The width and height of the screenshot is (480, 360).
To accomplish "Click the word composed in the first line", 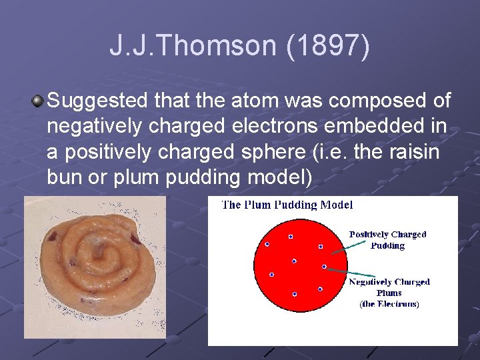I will coord(369,101).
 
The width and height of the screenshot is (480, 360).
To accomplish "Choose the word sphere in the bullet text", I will coord(272,152).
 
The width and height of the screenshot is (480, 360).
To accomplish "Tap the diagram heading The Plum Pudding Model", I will coord(287,205).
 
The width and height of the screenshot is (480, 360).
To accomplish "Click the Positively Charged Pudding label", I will coord(388,240).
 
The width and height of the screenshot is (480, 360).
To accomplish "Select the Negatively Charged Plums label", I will coord(389,287).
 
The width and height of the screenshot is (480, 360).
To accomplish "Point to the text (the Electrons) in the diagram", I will coord(389,304).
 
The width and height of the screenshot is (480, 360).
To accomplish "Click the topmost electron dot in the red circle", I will coord(291,237).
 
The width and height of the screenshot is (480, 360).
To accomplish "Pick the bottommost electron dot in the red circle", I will coord(295,294).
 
